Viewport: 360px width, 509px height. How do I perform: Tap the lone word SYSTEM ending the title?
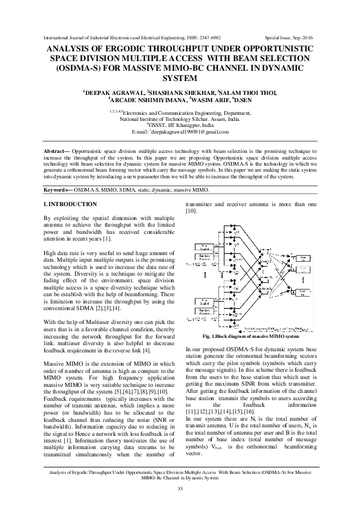[180, 78]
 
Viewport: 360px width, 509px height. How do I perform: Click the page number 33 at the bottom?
[180, 488]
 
